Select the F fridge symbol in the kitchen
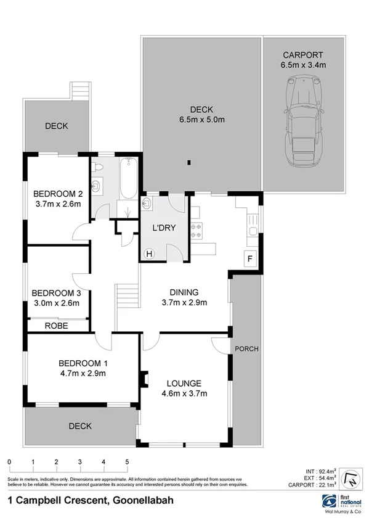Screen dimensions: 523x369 [250, 259]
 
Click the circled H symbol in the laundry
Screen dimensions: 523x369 [148, 253]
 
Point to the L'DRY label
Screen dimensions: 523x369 [164, 228]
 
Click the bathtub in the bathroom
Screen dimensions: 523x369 [128, 179]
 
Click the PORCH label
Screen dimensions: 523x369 [246, 348]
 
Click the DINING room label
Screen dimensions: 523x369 [184, 292]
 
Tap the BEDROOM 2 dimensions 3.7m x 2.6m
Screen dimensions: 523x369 [57, 204]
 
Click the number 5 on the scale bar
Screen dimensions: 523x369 [127, 461]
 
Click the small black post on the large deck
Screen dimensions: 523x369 [189, 163]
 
